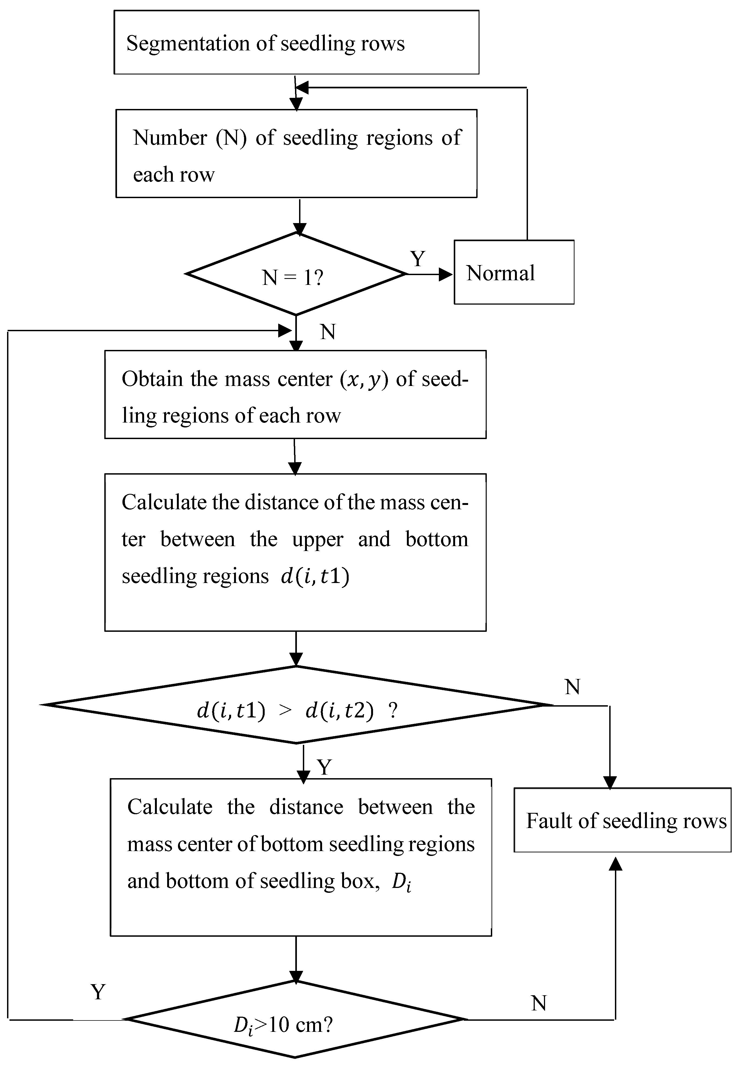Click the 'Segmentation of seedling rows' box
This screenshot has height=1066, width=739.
tap(296, 43)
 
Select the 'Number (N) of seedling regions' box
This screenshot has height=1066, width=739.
tap(296, 154)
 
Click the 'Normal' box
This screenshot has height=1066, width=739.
tap(514, 272)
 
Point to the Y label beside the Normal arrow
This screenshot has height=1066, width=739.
tap(418, 259)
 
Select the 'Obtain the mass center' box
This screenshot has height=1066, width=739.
tap(296, 395)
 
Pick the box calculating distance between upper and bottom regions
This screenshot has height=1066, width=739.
tap(296, 552)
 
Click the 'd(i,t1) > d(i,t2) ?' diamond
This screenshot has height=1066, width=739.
tap(296, 705)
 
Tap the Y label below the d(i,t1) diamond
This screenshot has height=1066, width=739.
tap(325, 768)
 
